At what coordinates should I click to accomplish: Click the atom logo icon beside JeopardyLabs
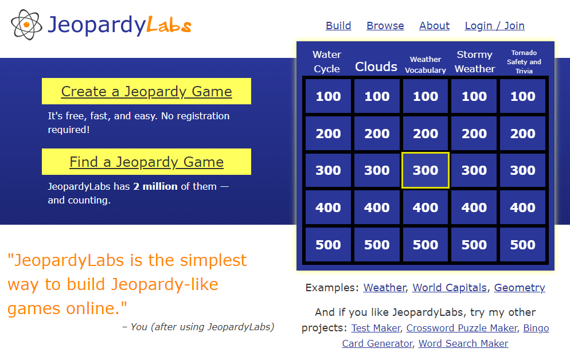coord(26,25)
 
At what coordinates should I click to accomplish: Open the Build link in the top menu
coord(338,26)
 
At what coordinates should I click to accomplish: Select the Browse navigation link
coord(385,26)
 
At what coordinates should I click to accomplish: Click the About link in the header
coord(434,26)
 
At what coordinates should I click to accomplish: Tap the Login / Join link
coord(494,26)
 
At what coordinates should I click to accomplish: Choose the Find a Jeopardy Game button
coord(146,162)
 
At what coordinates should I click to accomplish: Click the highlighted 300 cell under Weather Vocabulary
coord(425,170)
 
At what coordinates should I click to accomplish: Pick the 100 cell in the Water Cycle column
coord(328,96)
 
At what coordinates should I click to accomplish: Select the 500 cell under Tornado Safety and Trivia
coord(523,245)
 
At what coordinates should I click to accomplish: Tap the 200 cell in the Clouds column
coord(377,134)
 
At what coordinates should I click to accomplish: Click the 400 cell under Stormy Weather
coord(474,208)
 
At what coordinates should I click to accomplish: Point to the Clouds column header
coord(376,66)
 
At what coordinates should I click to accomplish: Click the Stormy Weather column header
coord(475,61)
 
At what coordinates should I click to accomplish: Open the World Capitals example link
coord(450,288)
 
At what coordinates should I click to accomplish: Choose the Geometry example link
coord(520,288)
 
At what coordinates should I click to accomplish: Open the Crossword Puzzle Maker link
coord(462,328)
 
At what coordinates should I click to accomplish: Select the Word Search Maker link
coord(463,343)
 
